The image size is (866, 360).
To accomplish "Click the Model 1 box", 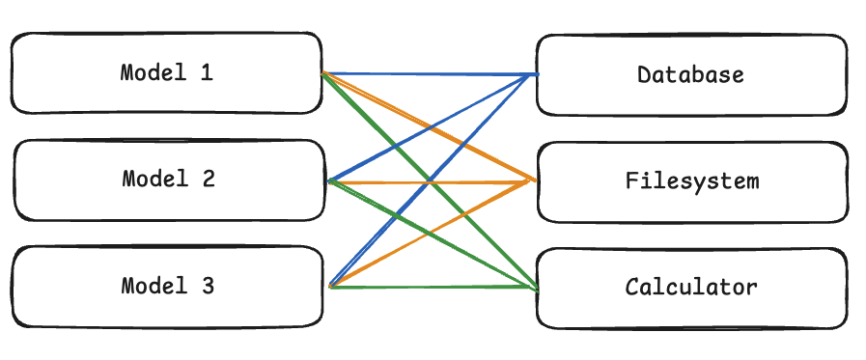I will [x=166, y=73].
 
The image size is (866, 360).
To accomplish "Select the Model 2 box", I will [x=169, y=180].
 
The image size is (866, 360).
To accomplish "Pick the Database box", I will [x=691, y=74].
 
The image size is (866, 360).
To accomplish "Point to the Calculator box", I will [x=691, y=287].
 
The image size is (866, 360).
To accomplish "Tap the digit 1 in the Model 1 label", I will [x=206, y=73].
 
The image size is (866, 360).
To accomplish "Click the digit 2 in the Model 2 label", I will [x=208, y=180].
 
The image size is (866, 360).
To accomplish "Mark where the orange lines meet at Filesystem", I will [x=533, y=180].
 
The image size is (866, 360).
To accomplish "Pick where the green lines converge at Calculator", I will [x=534, y=288].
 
